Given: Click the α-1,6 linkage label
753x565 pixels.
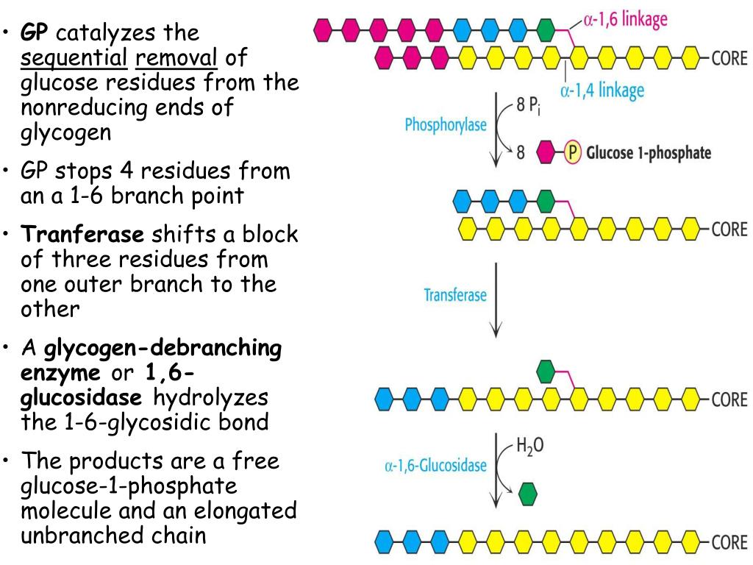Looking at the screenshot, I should point(625,19).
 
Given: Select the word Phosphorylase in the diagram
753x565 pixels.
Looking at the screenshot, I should point(446,125).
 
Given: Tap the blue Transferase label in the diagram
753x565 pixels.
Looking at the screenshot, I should point(455,295).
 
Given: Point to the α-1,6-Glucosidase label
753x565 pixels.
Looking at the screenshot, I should point(435,465).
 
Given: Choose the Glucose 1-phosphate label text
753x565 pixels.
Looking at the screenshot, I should point(648,153).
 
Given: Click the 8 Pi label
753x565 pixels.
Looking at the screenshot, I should point(530,104).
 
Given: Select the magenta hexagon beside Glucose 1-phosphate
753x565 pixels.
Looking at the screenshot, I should point(546,153).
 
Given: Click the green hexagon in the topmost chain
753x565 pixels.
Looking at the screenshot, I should point(545,30).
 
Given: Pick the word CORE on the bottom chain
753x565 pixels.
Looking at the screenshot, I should point(729,543).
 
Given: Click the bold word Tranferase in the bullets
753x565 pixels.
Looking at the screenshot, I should point(83,235).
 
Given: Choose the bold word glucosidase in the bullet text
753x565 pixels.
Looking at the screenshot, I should point(82,398).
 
